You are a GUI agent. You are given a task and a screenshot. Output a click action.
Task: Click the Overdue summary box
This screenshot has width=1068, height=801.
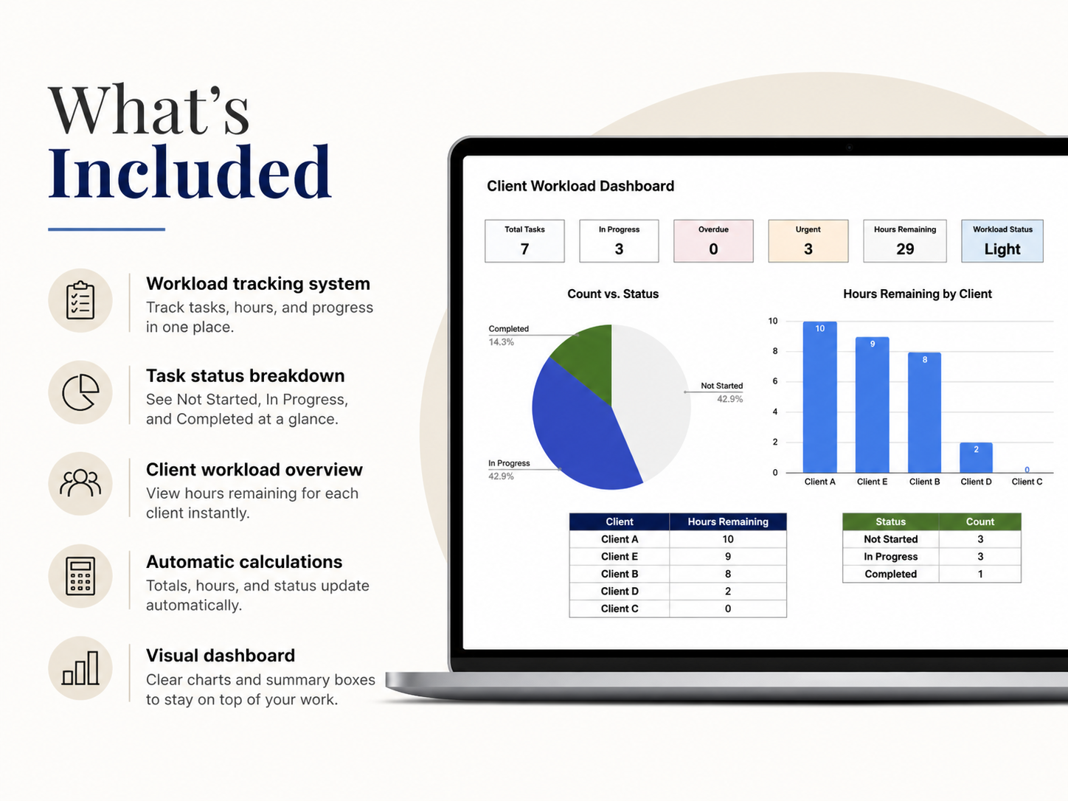[713, 241]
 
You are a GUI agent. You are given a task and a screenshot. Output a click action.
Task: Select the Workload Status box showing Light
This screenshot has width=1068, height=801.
[1002, 241]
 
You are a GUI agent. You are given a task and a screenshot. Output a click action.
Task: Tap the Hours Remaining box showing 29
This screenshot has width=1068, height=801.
[905, 241]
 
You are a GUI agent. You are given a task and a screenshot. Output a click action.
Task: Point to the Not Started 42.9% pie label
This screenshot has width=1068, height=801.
[721, 392]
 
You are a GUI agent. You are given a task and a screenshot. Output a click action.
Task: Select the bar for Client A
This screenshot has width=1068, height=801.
[820, 397]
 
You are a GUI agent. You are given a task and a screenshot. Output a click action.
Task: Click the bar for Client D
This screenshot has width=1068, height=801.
[976, 457]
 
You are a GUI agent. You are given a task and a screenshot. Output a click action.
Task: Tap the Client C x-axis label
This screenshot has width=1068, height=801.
[1027, 482]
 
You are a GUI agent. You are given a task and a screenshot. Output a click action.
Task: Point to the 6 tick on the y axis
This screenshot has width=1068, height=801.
[775, 381]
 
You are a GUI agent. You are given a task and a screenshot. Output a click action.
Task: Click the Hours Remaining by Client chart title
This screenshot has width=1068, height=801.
[917, 294]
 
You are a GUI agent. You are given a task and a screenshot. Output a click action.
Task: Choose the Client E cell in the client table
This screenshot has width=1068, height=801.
[620, 556]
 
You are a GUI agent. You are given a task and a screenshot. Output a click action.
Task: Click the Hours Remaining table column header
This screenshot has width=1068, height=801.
[728, 522]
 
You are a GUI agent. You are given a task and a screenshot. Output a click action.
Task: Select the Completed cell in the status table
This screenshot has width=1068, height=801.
[890, 574]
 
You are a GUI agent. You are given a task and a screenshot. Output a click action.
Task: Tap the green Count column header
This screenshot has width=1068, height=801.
[980, 522]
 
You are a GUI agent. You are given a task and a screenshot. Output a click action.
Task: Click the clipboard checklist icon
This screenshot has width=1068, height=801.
[80, 300]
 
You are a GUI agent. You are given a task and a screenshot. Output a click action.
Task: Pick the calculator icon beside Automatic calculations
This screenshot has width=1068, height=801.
[80, 576]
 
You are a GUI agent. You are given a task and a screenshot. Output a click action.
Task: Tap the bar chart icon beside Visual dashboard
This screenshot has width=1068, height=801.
[80, 668]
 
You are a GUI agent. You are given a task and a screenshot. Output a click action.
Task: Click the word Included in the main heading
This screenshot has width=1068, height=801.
[190, 172]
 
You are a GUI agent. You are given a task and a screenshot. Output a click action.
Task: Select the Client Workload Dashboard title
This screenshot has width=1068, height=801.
[580, 186]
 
